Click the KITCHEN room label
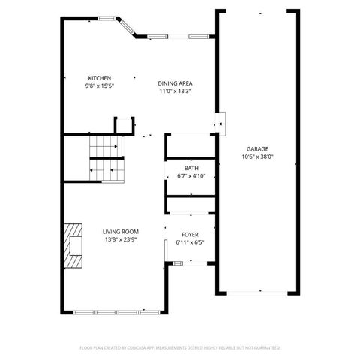tap(100, 77)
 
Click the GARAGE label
tap(257, 149)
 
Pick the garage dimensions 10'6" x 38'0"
tap(257, 157)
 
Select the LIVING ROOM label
tap(120, 232)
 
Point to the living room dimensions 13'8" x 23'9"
tap(120, 240)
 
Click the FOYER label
tap(190, 235)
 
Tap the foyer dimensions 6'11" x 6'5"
tap(190, 242)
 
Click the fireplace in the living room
tap(73, 246)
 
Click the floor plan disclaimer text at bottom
tap(180, 347)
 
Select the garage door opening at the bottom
tap(257, 291)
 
